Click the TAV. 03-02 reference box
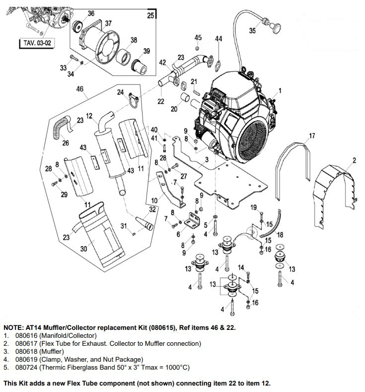(x=37, y=43)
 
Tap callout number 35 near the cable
(x=252, y=30)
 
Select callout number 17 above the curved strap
(x=312, y=136)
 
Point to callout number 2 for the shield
(x=354, y=159)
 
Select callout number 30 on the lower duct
(x=83, y=249)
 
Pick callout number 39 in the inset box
(x=146, y=52)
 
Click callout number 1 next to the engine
(x=280, y=90)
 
